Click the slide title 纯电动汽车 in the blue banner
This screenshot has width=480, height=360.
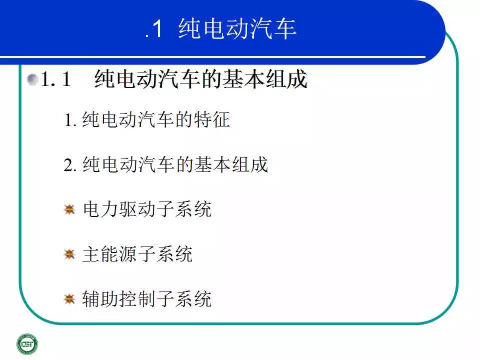tap(237, 29)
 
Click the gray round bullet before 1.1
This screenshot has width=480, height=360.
tap(32, 79)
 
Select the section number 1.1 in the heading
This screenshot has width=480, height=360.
tap(55, 79)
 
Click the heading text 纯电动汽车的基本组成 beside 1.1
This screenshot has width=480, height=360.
tap(201, 79)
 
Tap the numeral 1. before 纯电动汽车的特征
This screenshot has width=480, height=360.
tap(70, 119)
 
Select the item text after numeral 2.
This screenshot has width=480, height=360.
tap(175, 164)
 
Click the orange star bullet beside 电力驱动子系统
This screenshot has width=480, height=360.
tap(69, 209)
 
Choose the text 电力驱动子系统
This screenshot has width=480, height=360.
tap(147, 209)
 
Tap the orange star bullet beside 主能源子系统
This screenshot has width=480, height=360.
tap(69, 254)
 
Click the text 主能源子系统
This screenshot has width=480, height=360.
tap(137, 254)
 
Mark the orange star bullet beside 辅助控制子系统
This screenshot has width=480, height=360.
tap(69, 299)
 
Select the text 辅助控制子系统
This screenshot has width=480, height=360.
tap(147, 299)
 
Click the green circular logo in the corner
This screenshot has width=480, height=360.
tap(27, 344)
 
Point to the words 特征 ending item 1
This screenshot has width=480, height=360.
tap(212, 119)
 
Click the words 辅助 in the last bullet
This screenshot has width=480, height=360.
tap(100, 299)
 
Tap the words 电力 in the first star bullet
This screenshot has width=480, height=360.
tap(100, 209)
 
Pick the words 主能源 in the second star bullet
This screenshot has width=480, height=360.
tap(110, 254)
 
